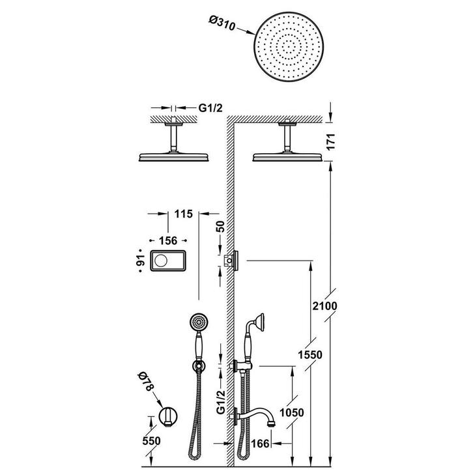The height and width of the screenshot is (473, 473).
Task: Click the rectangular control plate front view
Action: pos(168,261)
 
